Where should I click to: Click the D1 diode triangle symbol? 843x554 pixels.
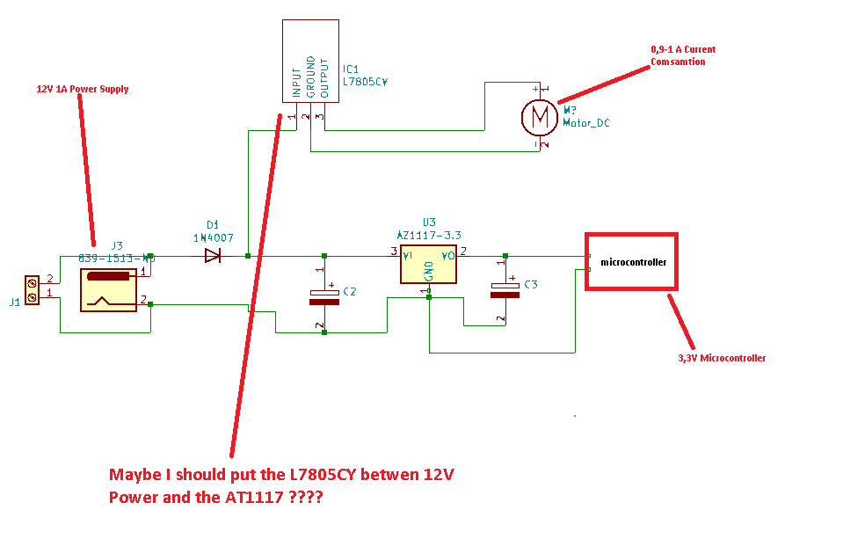coord(212,256)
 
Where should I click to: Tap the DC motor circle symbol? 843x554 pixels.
coord(539,116)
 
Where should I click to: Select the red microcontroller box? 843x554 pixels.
coord(632,262)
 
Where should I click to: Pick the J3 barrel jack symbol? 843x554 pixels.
coord(109,289)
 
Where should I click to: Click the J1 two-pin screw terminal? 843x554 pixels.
coord(33,291)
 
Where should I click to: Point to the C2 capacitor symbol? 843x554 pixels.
coord(324,295)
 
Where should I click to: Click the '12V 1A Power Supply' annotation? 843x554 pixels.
coord(82,89)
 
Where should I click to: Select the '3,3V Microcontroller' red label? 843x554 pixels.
coord(721,358)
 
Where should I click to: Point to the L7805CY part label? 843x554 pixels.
coord(365,80)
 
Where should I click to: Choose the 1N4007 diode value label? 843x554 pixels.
coord(213,237)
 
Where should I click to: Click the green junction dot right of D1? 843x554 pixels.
coord(248,256)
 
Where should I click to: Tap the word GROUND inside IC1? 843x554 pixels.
coord(309,77)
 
